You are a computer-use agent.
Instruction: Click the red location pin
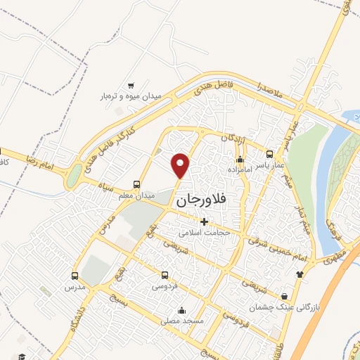[181, 165]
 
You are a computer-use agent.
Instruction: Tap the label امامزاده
[240, 169]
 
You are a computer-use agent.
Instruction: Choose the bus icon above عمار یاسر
[269, 155]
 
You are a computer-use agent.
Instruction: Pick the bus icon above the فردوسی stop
[165, 276]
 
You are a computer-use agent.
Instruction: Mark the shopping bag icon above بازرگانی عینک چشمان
[284, 296]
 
